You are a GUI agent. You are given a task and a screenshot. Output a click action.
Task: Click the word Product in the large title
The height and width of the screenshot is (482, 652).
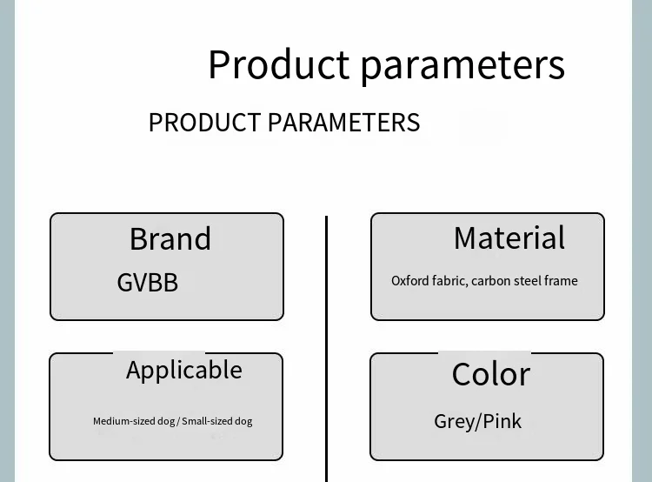pyautogui.click(x=278, y=64)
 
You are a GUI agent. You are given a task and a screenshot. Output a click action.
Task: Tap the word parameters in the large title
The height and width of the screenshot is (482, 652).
pyautogui.click(x=462, y=66)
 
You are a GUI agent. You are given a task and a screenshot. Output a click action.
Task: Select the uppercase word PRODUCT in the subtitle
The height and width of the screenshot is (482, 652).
pyautogui.click(x=204, y=123)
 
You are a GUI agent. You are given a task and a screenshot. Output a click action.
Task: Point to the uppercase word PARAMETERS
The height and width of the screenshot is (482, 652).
pyautogui.click(x=344, y=123)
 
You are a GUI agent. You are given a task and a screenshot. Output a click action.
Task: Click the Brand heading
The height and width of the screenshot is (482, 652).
pyautogui.click(x=170, y=239)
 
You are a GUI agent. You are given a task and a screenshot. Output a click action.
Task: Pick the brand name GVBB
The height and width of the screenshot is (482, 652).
pyautogui.click(x=148, y=283)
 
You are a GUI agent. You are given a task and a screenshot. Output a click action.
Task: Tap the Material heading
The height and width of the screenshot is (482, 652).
pyautogui.click(x=509, y=238)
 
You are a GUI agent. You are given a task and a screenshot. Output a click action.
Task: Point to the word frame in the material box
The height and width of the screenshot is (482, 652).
pyautogui.click(x=561, y=280)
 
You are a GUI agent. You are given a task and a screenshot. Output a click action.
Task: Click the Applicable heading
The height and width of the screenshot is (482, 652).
pyautogui.click(x=184, y=371)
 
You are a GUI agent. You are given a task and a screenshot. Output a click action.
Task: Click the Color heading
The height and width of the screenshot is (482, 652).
pyautogui.click(x=491, y=374)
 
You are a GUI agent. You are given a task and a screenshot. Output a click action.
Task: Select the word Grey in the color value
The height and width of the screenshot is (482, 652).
pyautogui.click(x=453, y=422)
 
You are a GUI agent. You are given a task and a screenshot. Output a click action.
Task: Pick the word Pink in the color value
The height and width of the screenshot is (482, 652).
pyautogui.click(x=502, y=421)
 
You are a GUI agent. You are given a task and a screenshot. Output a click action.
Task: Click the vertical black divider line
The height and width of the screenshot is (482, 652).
pyautogui.click(x=327, y=349)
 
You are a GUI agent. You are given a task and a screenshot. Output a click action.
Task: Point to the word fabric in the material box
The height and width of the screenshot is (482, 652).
pyautogui.click(x=450, y=281)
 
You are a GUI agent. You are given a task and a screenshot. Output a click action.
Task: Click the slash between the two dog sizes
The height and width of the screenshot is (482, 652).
pyautogui.click(x=178, y=422)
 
